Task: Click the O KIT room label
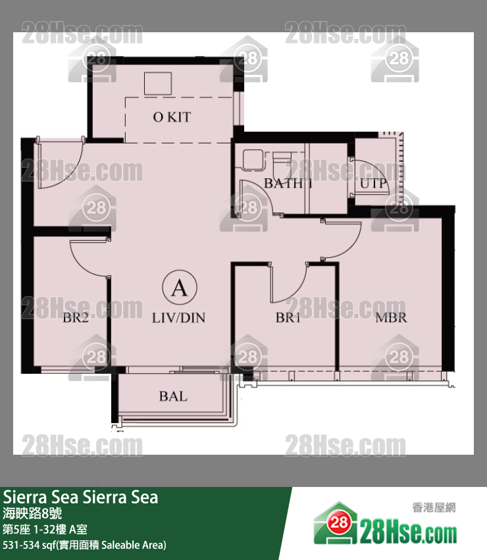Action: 171,117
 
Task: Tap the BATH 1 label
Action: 288,184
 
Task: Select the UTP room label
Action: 373,184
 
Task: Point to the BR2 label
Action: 76,318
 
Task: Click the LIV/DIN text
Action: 178,318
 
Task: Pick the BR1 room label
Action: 288,318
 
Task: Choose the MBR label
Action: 391,318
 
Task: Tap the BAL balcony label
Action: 172,396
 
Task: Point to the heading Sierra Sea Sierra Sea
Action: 81,497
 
